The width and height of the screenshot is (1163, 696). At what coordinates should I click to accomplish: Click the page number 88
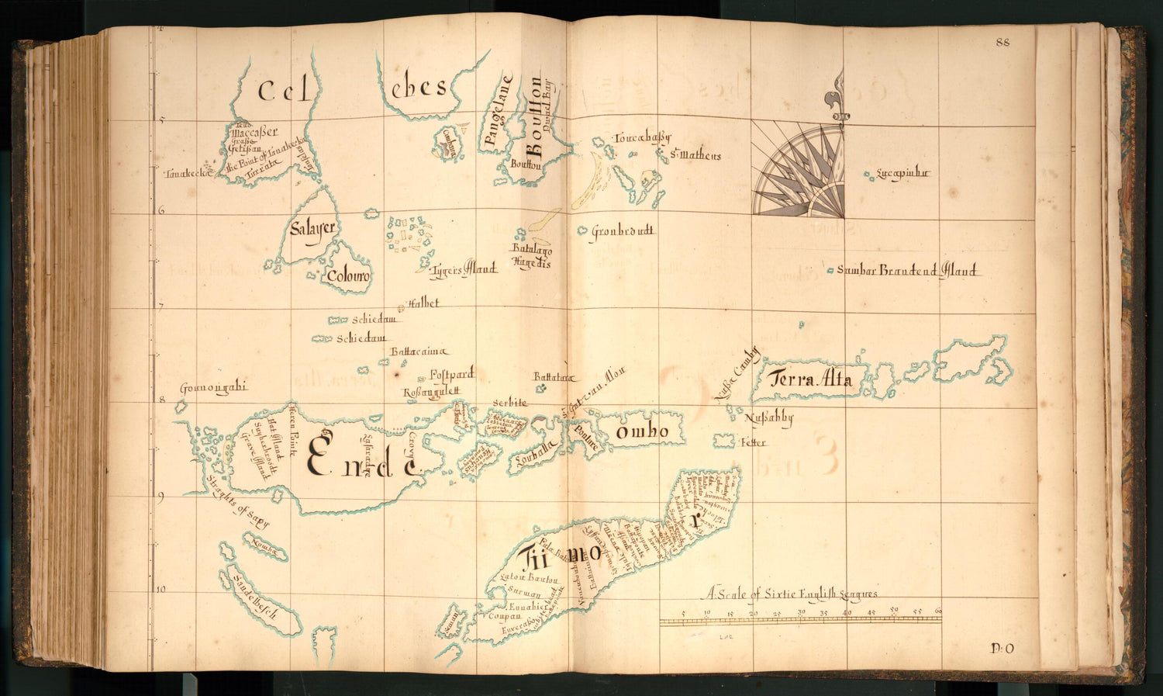point(1003,43)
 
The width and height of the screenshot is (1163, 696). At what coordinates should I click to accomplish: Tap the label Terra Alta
point(810,379)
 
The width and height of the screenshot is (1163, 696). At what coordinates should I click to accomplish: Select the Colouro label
point(348,276)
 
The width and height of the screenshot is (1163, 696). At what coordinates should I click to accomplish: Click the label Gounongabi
point(213,389)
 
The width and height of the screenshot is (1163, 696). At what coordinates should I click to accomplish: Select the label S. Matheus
point(695,156)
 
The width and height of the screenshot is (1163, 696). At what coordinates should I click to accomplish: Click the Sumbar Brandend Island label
point(908,272)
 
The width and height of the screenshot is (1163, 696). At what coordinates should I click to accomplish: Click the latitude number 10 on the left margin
point(160,590)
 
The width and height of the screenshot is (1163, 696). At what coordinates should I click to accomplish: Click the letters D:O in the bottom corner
point(1003,649)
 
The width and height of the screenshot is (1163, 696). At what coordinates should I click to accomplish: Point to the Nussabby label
point(768,419)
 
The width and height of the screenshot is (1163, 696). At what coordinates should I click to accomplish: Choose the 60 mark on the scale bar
point(938,611)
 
